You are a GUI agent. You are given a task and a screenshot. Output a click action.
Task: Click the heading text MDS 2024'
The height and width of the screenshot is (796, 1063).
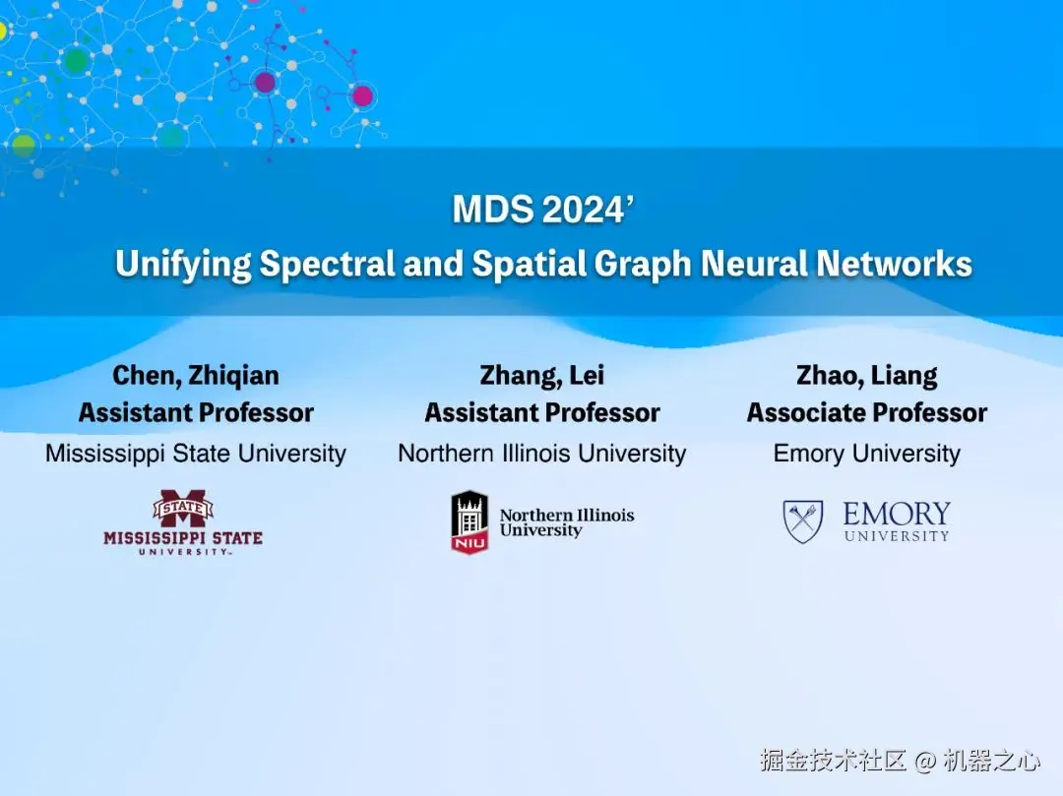point(543,209)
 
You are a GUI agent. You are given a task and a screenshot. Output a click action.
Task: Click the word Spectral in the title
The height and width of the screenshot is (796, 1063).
point(327,264)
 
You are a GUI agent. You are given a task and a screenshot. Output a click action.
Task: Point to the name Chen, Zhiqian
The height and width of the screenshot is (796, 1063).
point(195,375)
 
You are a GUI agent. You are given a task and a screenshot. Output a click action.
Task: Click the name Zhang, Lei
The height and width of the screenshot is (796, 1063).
point(541,375)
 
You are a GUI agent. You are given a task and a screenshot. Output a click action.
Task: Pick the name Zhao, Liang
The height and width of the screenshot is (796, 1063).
point(867,375)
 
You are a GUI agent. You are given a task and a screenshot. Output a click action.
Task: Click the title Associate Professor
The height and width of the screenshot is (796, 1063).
point(867,412)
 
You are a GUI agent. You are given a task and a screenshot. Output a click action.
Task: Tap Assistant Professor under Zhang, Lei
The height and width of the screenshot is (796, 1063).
point(542,412)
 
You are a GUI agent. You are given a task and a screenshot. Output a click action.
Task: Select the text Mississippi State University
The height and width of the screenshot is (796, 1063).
point(196,454)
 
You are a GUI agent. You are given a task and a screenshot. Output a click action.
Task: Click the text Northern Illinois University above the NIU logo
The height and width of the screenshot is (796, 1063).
point(542,454)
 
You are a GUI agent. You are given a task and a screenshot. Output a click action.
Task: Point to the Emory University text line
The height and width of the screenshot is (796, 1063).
point(867,454)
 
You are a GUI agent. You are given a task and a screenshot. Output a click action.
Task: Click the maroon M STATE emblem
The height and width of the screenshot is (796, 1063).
point(183,508)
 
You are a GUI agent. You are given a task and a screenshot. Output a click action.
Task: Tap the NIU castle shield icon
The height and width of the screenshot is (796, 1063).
point(469,521)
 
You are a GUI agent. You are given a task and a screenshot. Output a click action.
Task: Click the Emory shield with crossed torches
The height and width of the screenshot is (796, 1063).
point(803,520)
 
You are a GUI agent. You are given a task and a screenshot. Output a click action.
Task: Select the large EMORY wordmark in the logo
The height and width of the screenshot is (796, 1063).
point(897,514)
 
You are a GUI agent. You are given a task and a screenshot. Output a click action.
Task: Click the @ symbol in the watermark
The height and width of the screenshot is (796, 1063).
point(924,762)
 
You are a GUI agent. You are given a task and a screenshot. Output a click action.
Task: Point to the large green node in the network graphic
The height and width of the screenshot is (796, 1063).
point(76,61)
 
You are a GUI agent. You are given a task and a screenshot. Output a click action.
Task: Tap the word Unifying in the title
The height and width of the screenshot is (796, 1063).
point(183,264)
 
